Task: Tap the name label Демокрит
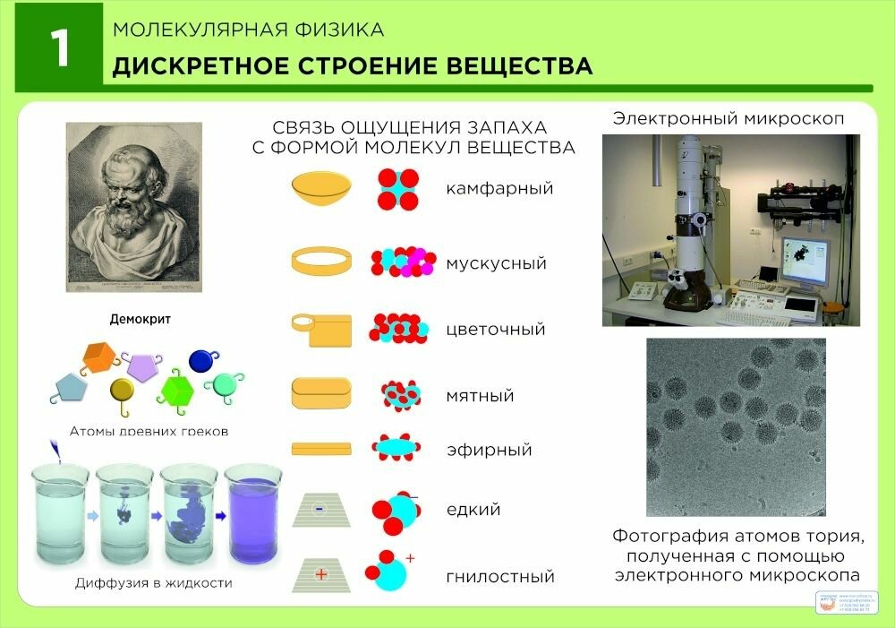[140, 319]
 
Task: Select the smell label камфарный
[499, 189]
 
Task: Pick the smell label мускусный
[496, 264]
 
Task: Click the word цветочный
[495, 330]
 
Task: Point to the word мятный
[480, 395]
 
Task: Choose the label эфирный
[489, 450]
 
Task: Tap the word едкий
[473, 510]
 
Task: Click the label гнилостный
[500, 577]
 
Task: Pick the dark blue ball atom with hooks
[200, 360]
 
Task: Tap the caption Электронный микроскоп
[729, 119]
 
